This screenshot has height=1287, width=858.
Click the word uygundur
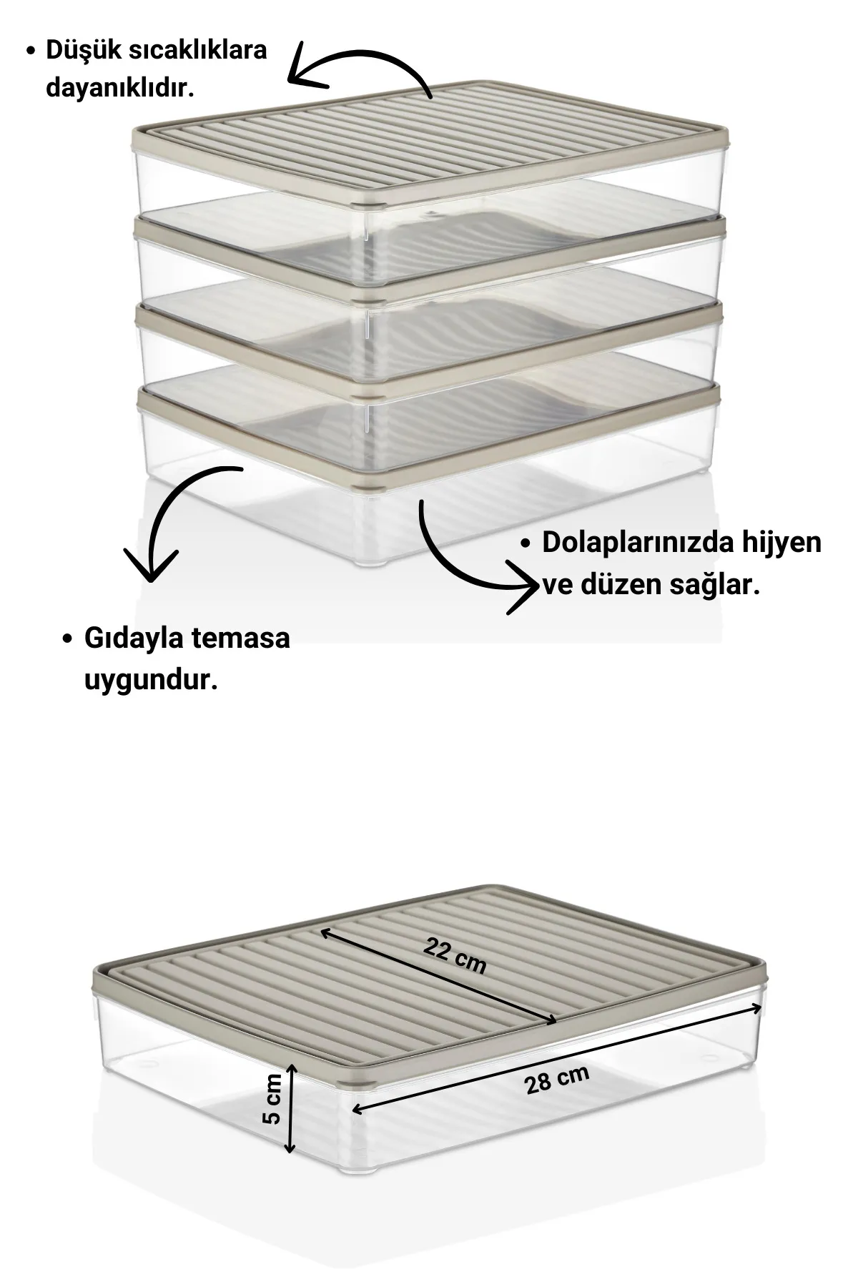click(x=151, y=679)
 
